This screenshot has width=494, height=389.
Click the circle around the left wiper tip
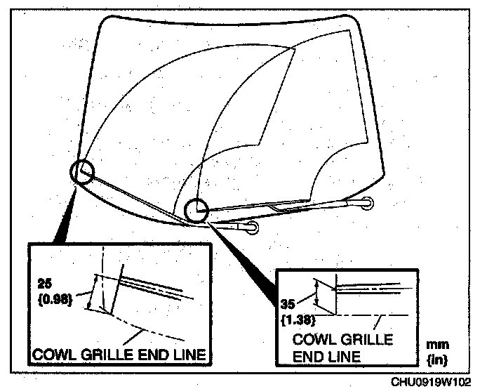[82, 172]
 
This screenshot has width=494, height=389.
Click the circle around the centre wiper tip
[196, 209]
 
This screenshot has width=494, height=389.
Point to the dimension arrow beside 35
[317, 294]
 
